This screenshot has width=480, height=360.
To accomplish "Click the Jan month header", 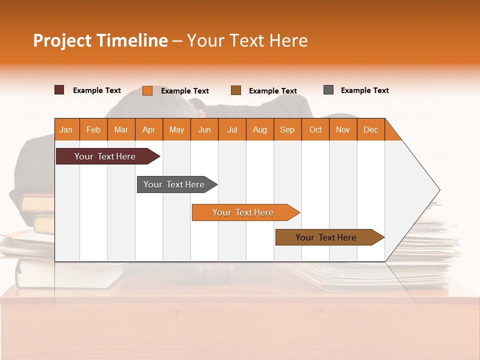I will (x=66, y=129).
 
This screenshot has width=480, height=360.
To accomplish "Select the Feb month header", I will (x=93, y=129).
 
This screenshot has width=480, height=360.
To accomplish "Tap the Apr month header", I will (x=149, y=129).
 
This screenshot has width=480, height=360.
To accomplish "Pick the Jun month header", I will (x=204, y=129).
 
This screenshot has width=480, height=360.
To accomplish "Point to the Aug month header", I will (x=260, y=129).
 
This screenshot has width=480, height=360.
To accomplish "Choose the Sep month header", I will (x=287, y=129).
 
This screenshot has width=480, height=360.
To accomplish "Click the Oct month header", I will (x=315, y=129).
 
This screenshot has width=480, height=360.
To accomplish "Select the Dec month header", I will (x=371, y=129).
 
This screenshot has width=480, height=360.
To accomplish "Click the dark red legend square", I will (x=59, y=90).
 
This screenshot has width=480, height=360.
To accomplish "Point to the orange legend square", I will (x=147, y=90).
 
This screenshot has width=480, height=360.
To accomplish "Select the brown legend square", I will (x=236, y=90).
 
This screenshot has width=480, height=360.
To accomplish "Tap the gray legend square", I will (x=328, y=90).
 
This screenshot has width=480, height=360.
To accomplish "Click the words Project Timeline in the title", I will (x=100, y=40).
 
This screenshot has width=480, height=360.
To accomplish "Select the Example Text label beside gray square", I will (x=364, y=90).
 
